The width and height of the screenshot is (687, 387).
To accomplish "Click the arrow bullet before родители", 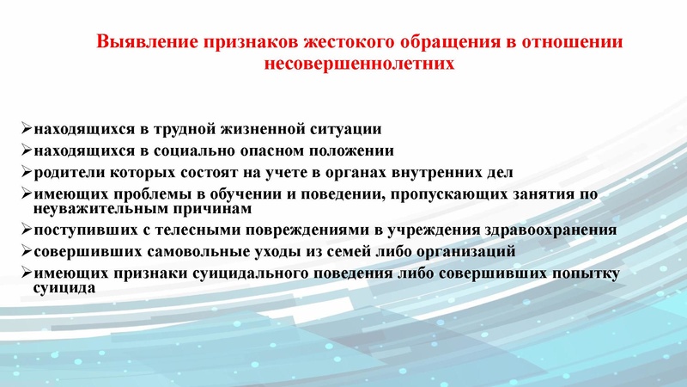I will tap(26, 170).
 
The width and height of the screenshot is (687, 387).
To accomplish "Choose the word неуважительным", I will tap(97, 209).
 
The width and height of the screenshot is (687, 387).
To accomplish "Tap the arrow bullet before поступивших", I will tap(26, 230).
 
